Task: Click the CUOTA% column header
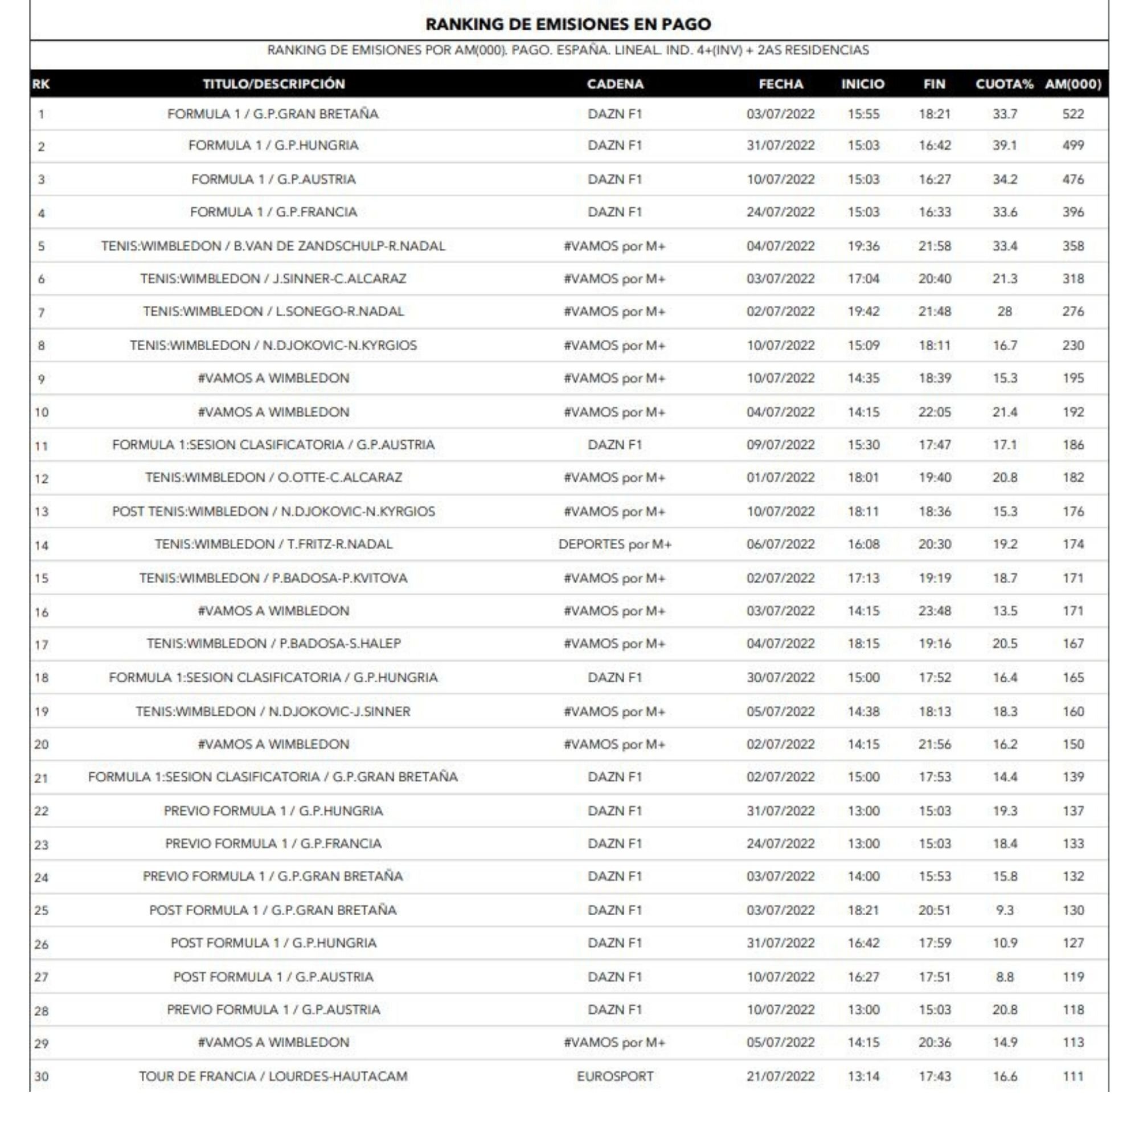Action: (1004, 84)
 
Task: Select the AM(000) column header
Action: (1073, 84)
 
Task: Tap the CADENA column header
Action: (615, 84)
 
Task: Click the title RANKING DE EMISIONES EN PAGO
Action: (568, 24)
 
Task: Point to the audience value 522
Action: (1073, 114)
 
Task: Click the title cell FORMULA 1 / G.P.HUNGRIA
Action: (273, 145)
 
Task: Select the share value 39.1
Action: (1005, 145)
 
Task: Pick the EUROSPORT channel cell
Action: (615, 1076)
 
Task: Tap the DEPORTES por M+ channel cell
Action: (615, 544)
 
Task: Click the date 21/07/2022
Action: (781, 1076)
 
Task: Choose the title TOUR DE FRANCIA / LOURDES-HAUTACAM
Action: (273, 1076)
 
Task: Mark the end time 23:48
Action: (935, 611)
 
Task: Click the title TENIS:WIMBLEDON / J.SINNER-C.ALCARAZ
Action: (273, 278)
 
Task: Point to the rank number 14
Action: (41, 546)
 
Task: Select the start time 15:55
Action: (864, 114)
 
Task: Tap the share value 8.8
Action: (1005, 977)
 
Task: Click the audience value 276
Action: (1073, 312)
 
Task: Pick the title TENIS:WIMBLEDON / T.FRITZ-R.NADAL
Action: (273, 544)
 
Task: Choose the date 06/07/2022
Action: (781, 544)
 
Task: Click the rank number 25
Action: (41, 910)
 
